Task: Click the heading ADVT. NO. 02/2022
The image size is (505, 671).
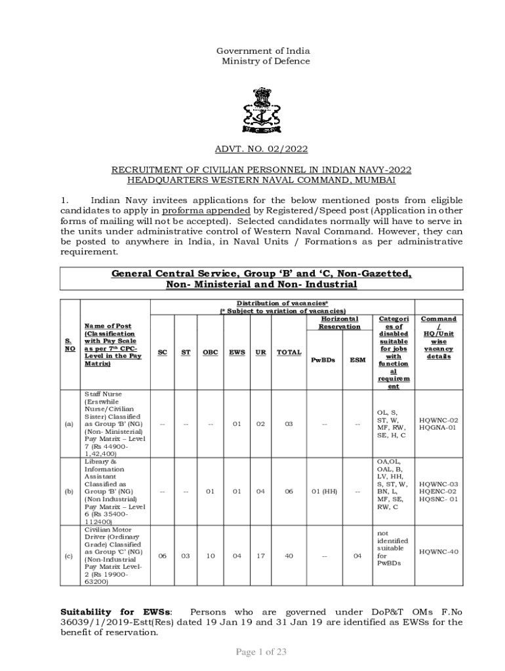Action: click(261, 149)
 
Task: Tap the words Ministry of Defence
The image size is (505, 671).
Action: click(264, 62)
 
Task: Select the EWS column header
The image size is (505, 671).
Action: click(237, 352)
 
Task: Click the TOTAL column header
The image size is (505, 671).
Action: click(289, 352)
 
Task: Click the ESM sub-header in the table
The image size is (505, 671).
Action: click(357, 359)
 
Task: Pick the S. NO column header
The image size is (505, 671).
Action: click(69, 345)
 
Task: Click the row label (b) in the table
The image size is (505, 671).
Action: click(69, 491)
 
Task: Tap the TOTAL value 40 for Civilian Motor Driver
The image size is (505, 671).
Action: click(289, 556)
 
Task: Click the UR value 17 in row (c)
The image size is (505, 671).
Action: click(260, 556)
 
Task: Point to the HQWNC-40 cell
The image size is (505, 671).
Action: click(439, 552)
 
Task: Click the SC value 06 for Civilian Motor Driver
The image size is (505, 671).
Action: click(162, 556)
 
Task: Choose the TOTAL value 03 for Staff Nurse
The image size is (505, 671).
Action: click(289, 424)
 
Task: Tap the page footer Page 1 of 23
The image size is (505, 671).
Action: click(261, 651)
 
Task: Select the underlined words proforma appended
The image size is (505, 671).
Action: click(206, 210)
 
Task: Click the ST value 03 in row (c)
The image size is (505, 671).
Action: click(186, 556)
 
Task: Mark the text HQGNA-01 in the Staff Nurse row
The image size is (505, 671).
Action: click(439, 428)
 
